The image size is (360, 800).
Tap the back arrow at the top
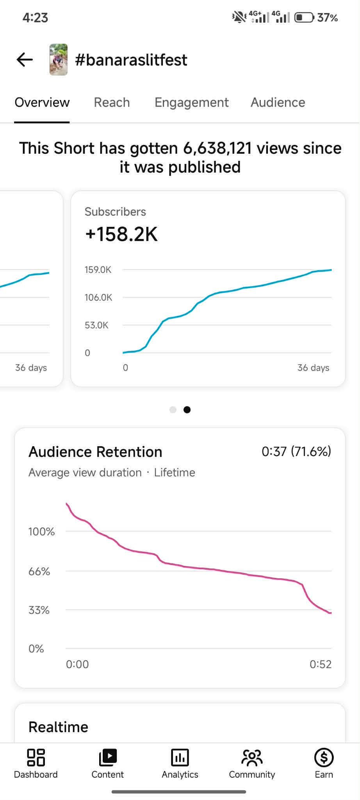click(x=25, y=60)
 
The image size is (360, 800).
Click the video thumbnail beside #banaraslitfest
click(x=59, y=60)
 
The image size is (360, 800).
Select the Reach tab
click(x=112, y=102)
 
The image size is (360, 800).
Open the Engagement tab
click(x=191, y=102)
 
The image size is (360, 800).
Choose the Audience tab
click(x=278, y=102)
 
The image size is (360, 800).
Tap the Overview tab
click(x=42, y=102)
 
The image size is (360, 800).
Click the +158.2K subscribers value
click(x=121, y=234)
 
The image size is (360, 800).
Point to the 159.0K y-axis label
click(x=98, y=270)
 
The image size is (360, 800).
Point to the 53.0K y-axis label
click(x=96, y=325)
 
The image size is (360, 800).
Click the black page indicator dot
click(x=187, y=410)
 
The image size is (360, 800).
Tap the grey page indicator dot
click(x=173, y=410)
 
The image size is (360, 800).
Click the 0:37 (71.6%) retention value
click(x=296, y=451)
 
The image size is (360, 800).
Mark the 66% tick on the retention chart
click(x=39, y=572)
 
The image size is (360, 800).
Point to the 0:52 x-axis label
click(x=320, y=664)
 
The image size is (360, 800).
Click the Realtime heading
click(x=59, y=727)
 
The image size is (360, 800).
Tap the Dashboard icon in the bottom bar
click(x=36, y=757)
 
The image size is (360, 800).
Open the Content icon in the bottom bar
click(x=108, y=757)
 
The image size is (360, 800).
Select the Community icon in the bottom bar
click(x=252, y=757)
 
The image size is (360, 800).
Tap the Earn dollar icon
click(x=324, y=757)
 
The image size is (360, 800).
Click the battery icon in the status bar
click(x=304, y=18)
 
